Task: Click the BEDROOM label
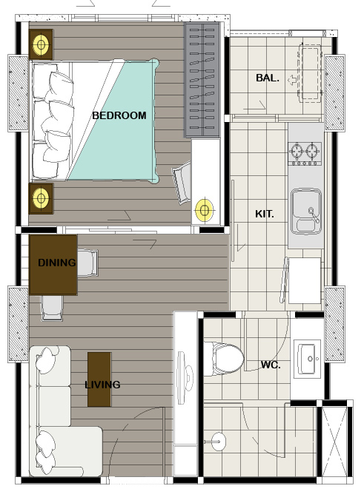coord(119,115)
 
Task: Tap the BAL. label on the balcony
coord(268,78)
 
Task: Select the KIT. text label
coord(265,214)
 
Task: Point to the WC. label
coord(271,365)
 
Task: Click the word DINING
coord(57,263)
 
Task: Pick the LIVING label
coord(102,385)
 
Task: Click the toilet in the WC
coord(224,359)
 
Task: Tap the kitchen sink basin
coord(306,211)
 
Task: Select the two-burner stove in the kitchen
coord(305,153)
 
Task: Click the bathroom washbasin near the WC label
coord(308,359)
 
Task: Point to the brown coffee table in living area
coord(99,379)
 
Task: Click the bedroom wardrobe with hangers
coord(202,80)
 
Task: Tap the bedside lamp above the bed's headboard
coord(41,44)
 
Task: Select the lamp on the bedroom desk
coord(204,210)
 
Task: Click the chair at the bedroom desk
coord(182,183)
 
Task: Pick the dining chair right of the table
coord(87,263)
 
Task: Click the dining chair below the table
coord(52,308)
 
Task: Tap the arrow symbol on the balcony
coord(292,80)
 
